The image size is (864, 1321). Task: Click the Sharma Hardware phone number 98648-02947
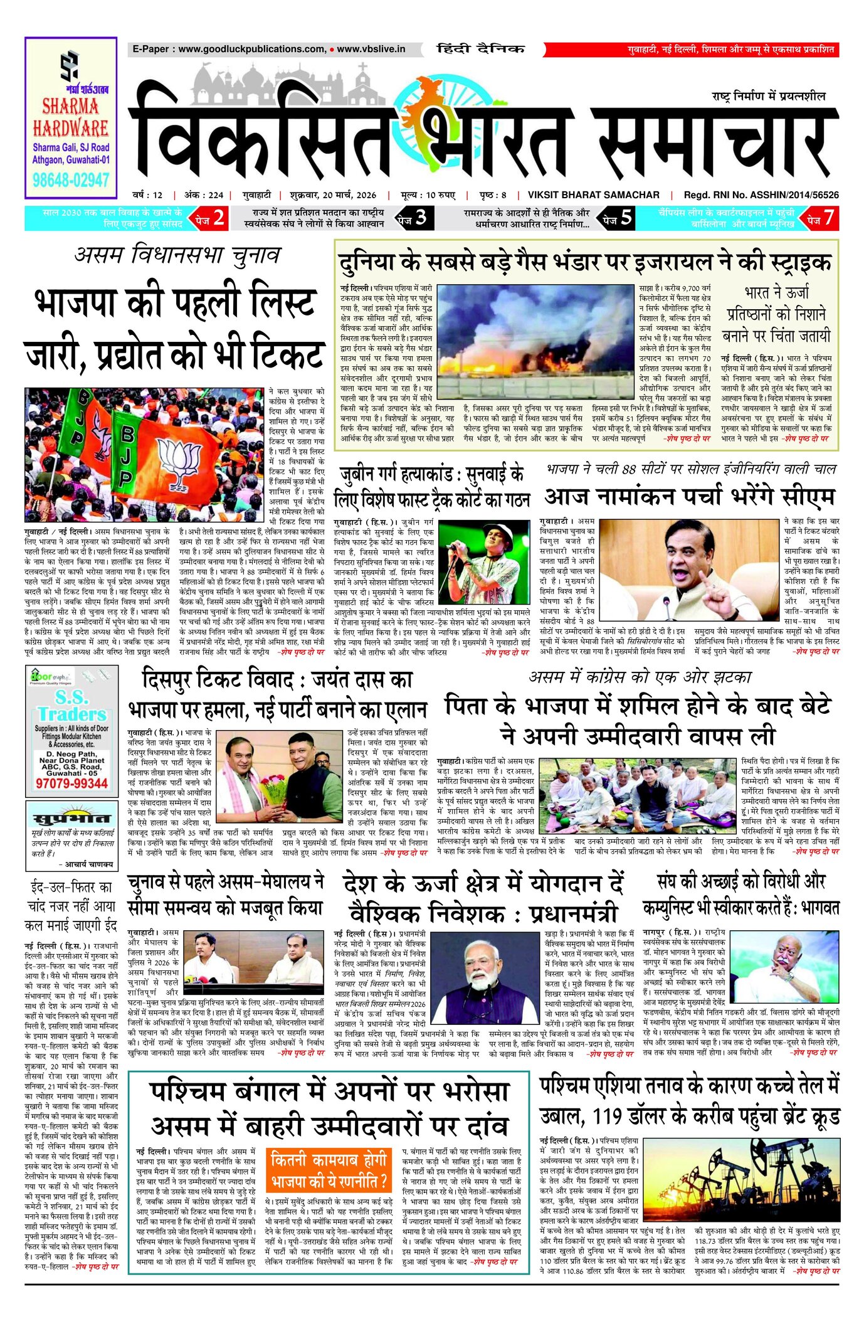coord(71,181)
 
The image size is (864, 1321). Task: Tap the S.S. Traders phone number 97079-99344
coord(71,783)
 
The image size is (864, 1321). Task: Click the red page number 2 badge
coord(211,218)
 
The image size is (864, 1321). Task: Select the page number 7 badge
coord(822,218)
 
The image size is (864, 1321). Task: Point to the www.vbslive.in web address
coord(371,49)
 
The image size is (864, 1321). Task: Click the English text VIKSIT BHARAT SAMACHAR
coord(593,195)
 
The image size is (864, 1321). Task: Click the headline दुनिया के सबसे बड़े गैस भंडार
coord(586,261)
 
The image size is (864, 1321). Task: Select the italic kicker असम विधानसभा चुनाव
coord(177,255)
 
